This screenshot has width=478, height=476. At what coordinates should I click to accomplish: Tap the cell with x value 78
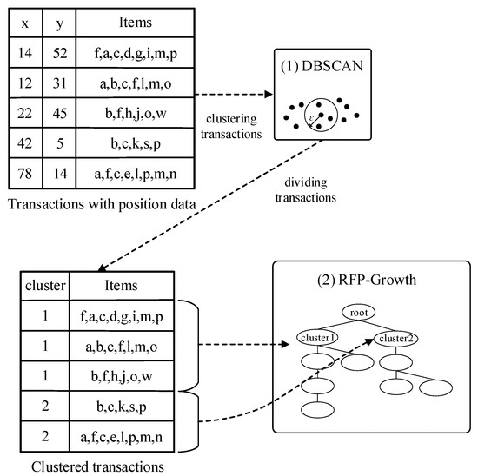(x=25, y=174)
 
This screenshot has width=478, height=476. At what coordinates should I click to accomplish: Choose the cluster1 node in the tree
(x=317, y=338)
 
